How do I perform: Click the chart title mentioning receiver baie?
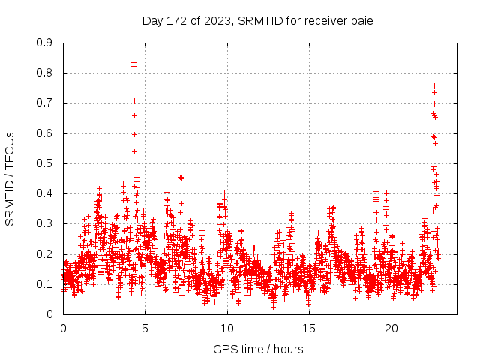[257, 20]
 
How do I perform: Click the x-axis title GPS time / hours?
[258, 349]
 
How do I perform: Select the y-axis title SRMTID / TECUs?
[10, 178]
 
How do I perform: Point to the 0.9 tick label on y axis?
[45, 43]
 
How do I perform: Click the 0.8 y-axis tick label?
[45, 73]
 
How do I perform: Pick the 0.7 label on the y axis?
[45, 103]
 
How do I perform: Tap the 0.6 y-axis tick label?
[45, 133]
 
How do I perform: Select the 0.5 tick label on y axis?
[45, 163]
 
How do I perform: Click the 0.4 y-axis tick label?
[45, 193]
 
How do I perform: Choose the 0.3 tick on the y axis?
[45, 223]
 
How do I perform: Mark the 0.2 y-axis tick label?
[45, 254]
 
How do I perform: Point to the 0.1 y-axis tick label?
[45, 284]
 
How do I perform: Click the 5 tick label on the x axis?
[145, 328]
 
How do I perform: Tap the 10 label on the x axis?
[227, 328]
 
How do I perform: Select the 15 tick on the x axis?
[309, 328]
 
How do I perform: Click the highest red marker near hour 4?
[133, 63]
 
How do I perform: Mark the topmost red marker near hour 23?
[434, 85]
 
